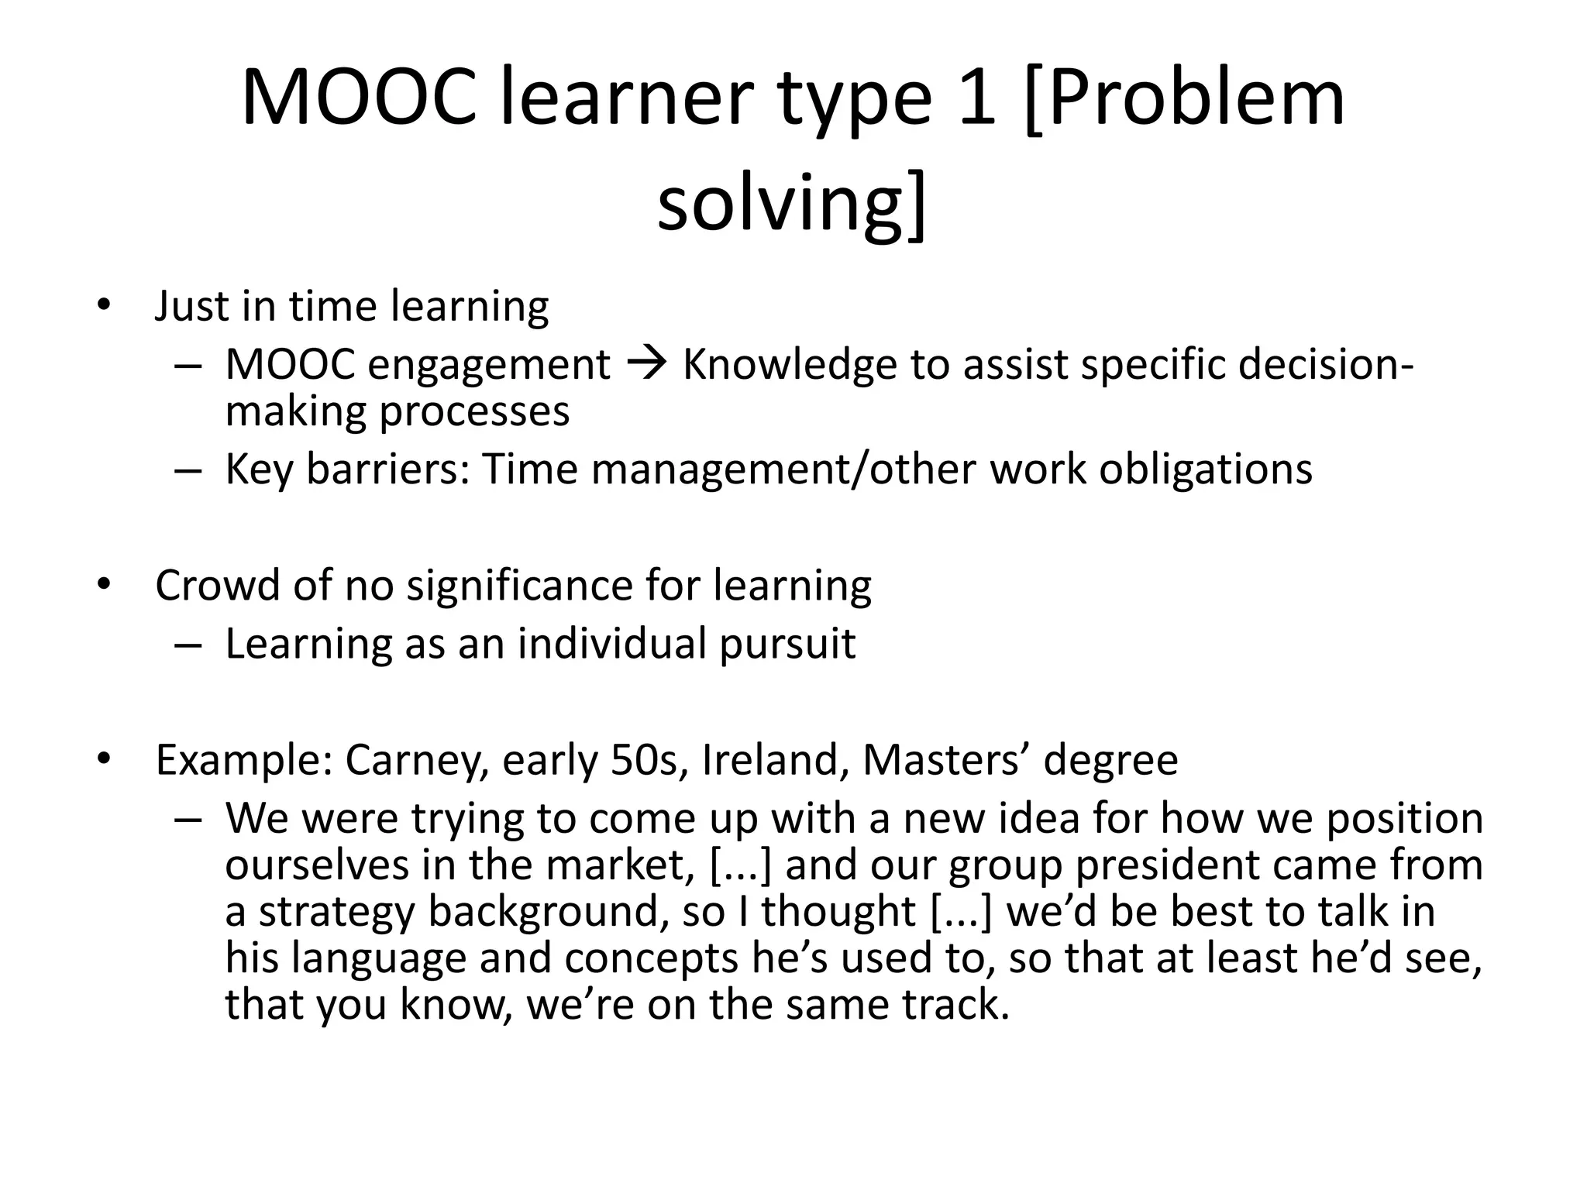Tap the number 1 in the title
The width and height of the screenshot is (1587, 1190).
(x=976, y=99)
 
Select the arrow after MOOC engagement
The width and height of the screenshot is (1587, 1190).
(x=645, y=364)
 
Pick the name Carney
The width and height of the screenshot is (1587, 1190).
(x=412, y=760)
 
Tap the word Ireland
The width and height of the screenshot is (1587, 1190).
(x=770, y=760)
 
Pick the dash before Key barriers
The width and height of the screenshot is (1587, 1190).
(x=188, y=470)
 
